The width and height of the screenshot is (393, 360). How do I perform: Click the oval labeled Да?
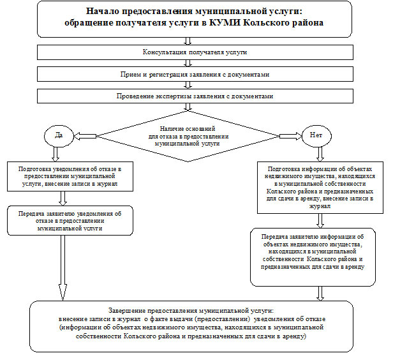point(59,136)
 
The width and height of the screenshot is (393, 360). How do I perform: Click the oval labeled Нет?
point(316,136)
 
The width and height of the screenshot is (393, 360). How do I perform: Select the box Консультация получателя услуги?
point(195,52)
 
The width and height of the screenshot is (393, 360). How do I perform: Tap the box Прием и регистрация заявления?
point(195,74)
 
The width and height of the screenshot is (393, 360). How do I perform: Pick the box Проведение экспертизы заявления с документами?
point(195,96)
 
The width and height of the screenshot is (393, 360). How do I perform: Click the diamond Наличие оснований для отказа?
point(188,136)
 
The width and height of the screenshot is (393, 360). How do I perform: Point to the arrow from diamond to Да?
point(85,136)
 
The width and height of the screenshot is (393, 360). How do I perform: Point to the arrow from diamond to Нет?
point(290,136)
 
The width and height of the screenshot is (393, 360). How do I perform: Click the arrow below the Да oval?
point(56,154)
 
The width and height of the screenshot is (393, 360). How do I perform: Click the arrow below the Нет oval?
point(320,154)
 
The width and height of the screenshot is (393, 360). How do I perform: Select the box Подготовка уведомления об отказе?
point(70,177)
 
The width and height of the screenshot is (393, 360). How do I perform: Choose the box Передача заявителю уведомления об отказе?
point(70,221)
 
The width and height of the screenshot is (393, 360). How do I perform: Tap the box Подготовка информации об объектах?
point(320,188)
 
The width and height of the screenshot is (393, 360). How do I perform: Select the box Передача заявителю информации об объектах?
point(313,257)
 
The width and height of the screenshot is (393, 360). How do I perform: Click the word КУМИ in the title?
point(225,23)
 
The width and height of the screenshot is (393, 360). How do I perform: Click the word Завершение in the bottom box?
point(128,311)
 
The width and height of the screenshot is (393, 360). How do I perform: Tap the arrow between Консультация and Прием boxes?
point(188,63)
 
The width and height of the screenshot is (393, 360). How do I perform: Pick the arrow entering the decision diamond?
point(188,107)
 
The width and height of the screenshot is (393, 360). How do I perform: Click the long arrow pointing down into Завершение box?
point(63,267)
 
